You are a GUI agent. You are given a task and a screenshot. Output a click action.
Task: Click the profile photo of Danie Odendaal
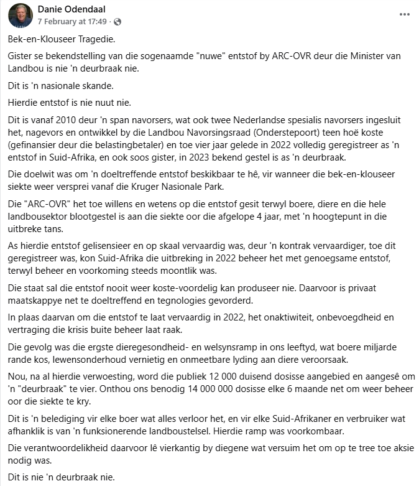21,15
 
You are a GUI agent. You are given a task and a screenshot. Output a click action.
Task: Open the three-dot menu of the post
405,14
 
